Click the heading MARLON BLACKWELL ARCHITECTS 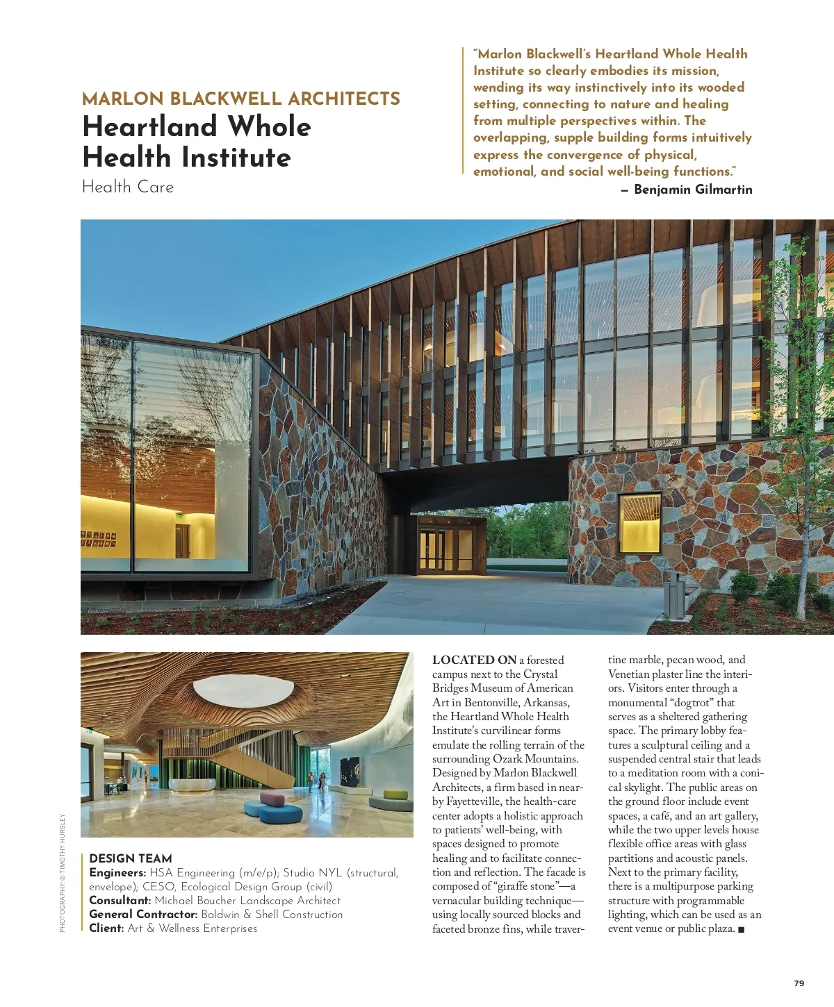[x=240, y=99]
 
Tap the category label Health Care [x=128, y=187]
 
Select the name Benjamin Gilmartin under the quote [x=692, y=189]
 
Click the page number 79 [x=799, y=983]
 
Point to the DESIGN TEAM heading [x=131, y=858]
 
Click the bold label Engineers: [x=117, y=873]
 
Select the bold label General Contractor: [x=143, y=915]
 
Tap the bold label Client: [x=106, y=929]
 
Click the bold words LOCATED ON [x=474, y=660]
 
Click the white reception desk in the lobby [x=193, y=785]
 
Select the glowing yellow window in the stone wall [x=639, y=522]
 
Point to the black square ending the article [x=741, y=929]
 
